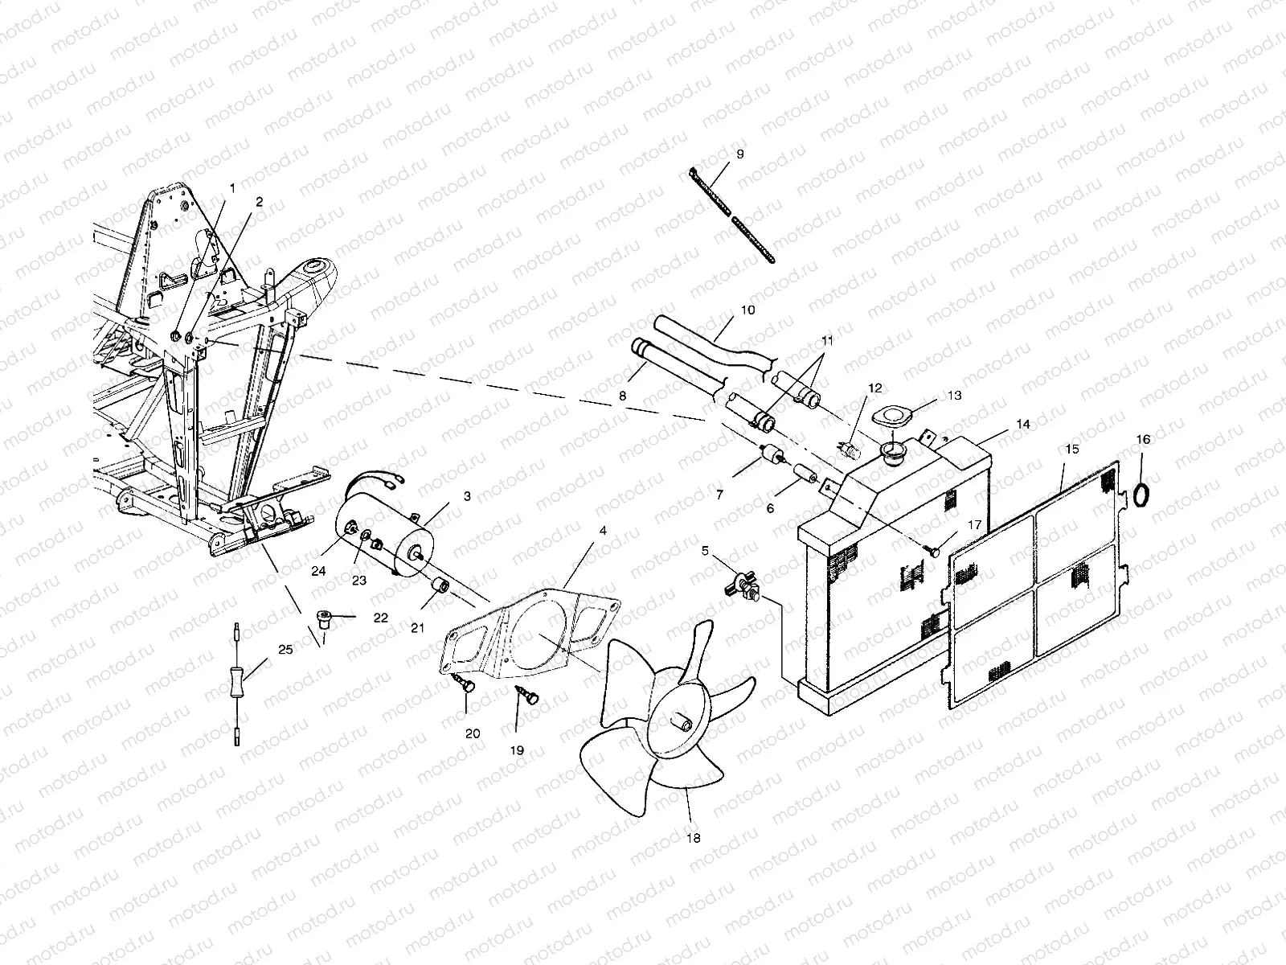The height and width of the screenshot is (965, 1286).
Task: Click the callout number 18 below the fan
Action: pyautogui.click(x=694, y=838)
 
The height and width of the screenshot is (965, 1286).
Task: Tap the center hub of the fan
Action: pyautogui.click(x=683, y=721)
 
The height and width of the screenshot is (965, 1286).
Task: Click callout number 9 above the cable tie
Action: pyautogui.click(x=739, y=153)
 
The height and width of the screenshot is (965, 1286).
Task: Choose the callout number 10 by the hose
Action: pyautogui.click(x=747, y=310)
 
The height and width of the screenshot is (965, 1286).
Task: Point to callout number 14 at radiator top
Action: pyautogui.click(x=1022, y=423)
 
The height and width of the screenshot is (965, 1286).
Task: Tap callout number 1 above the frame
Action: pyautogui.click(x=232, y=187)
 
